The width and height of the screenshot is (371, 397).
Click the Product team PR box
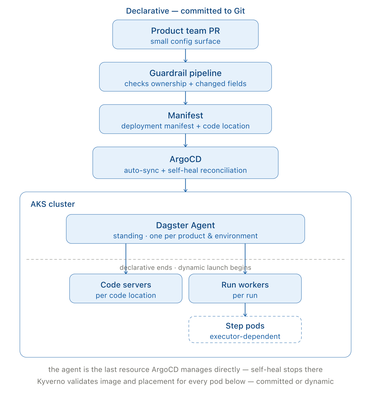(x=185, y=34)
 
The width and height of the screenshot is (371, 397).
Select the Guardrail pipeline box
(x=185, y=77)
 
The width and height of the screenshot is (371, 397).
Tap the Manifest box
(x=185, y=119)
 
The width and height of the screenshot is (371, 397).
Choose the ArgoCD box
(x=185, y=163)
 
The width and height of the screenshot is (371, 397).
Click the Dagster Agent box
(x=185, y=229)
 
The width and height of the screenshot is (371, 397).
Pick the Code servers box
(x=126, y=288)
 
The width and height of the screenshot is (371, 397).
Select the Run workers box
(x=245, y=288)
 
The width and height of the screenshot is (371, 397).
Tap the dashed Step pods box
(x=245, y=330)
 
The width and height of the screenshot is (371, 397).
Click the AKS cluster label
(x=53, y=204)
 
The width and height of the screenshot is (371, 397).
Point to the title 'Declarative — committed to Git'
(x=185, y=11)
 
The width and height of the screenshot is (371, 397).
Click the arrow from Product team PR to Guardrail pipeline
(x=185, y=56)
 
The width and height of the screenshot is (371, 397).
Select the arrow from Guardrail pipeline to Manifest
(x=185, y=98)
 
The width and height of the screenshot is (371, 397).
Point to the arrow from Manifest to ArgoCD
(x=185, y=140)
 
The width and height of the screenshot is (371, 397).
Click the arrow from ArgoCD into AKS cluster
(x=185, y=185)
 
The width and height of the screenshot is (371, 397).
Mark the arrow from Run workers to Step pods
(x=245, y=310)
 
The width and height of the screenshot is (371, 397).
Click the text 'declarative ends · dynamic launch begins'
(x=185, y=268)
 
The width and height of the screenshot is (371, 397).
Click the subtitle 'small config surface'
(x=185, y=41)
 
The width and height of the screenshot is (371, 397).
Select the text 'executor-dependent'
(x=245, y=336)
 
